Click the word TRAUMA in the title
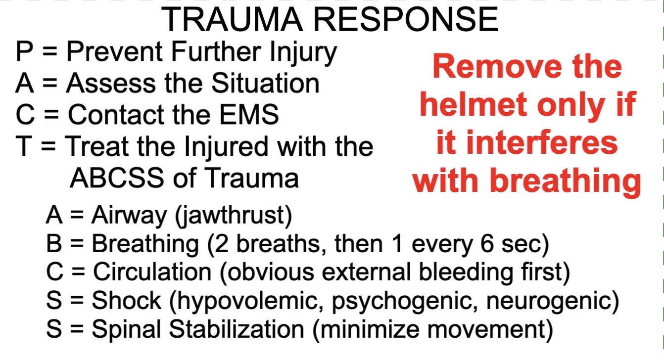click(232, 20)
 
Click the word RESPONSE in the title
click(406, 20)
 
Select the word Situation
click(265, 83)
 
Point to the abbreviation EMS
click(249, 114)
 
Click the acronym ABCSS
click(117, 178)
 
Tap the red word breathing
click(565, 180)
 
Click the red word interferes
click(542, 142)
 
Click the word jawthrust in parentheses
click(233, 216)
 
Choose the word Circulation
click(152, 271)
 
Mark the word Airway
click(129, 216)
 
